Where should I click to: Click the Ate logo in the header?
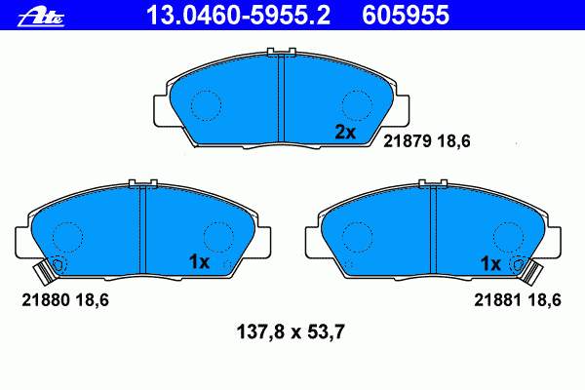(41, 17)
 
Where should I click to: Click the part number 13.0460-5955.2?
(238, 16)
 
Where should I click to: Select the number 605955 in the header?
(406, 16)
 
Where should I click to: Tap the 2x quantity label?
(345, 133)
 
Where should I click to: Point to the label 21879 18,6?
(427, 141)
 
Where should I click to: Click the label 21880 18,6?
(65, 299)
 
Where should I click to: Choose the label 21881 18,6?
(518, 299)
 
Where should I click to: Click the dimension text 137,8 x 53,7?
(291, 331)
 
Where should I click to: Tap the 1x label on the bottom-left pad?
(199, 262)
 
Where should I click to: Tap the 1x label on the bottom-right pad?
(490, 264)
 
